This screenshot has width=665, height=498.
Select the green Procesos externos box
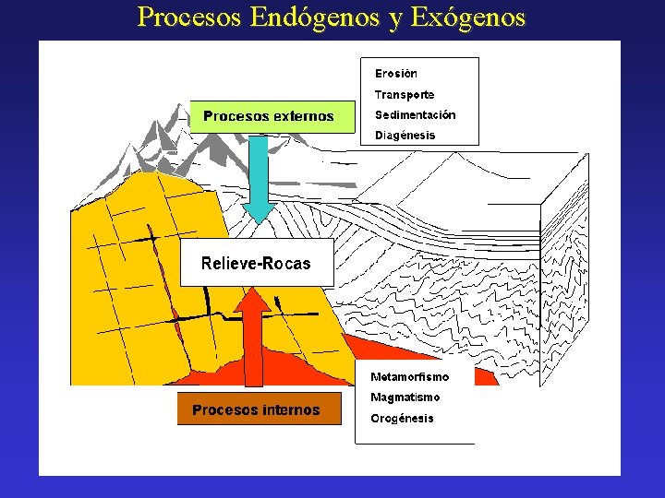[272, 116]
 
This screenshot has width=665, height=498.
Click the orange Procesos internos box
[260, 410]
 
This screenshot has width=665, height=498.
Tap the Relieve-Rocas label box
[256, 264]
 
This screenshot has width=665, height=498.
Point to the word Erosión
[395, 74]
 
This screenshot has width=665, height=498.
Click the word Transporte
[404, 95]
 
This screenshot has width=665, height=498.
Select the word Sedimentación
[415, 115]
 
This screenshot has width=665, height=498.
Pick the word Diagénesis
[405, 136]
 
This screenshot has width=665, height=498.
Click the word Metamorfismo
[409, 377]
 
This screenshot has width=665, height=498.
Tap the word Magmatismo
[405, 397]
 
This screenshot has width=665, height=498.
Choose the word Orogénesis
[402, 419]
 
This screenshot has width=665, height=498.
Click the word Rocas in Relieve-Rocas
[286, 264]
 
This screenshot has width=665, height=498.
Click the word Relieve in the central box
[229, 264]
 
